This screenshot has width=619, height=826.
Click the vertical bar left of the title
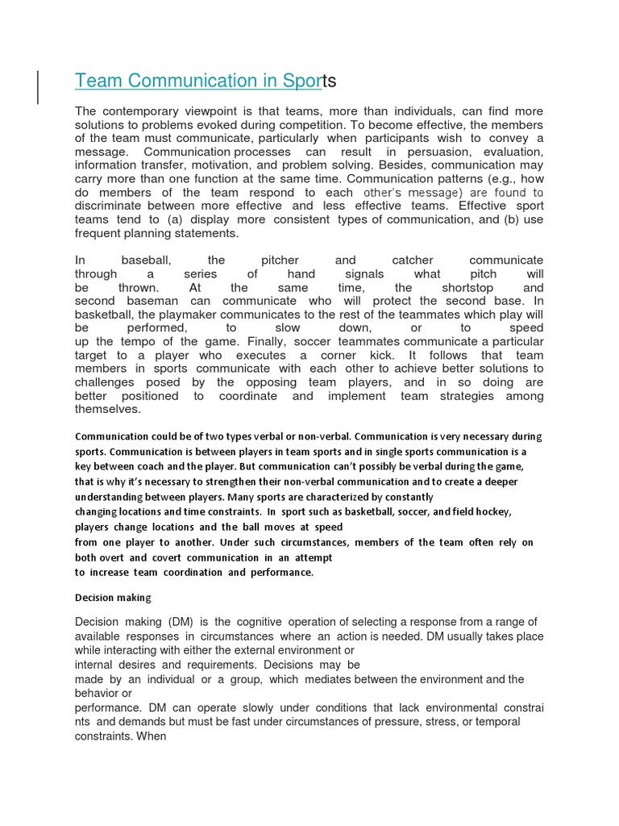pyautogui.click(x=39, y=87)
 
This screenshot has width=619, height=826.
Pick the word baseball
pyautogui.click(x=146, y=261)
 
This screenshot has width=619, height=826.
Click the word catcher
pyautogui.click(x=412, y=261)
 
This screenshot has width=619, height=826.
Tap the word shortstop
pyautogui.click(x=467, y=288)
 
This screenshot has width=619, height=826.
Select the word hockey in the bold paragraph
pyautogui.click(x=493, y=512)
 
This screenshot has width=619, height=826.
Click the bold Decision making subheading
pyautogui.click(x=113, y=598)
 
